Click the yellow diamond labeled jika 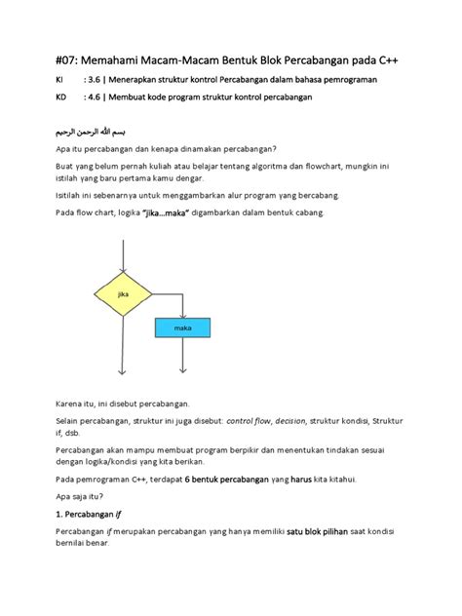(x=122, y=292)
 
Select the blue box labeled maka (x=183, y=328)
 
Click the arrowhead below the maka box (x=183, y=371)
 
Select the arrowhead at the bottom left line (x=122, y=371)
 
